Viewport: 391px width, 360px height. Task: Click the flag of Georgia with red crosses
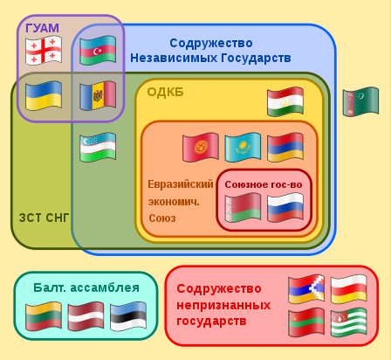[x=44, y=50]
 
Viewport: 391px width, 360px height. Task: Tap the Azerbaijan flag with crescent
[x=98, y=50]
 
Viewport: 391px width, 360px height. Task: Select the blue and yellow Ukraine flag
[x=44, y=95]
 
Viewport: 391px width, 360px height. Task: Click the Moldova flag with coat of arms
[x=98, y=95]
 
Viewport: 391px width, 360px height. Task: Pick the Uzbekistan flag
[x=98, y=147]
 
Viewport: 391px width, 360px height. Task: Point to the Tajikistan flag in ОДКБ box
[x=285, y=101]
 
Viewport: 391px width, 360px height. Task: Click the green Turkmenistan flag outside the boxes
[x=360, y=101]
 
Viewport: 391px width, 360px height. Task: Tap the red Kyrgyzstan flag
[x=201, y=147]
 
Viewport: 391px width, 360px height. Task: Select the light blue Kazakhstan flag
[x=243, y=147]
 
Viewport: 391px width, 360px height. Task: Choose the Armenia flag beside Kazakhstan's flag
[x=285, y=147]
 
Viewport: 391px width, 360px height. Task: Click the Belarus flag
[x=243, y=208]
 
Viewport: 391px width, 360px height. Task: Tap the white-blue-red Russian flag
[x=285, y=208]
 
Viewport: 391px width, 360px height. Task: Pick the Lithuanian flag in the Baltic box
[x=44, y=316]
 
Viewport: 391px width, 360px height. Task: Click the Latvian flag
[x=86, y=316]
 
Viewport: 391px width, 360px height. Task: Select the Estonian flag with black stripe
[x=128, y=316]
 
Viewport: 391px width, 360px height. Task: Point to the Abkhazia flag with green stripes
[x=349, y=322]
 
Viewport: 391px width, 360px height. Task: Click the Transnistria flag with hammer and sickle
[x=306, y=322]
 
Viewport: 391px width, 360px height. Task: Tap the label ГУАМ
[x=42, y=28]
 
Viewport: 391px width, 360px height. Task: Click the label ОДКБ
[x=165, y=92]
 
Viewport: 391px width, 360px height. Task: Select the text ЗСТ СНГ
[x=44, y=218]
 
